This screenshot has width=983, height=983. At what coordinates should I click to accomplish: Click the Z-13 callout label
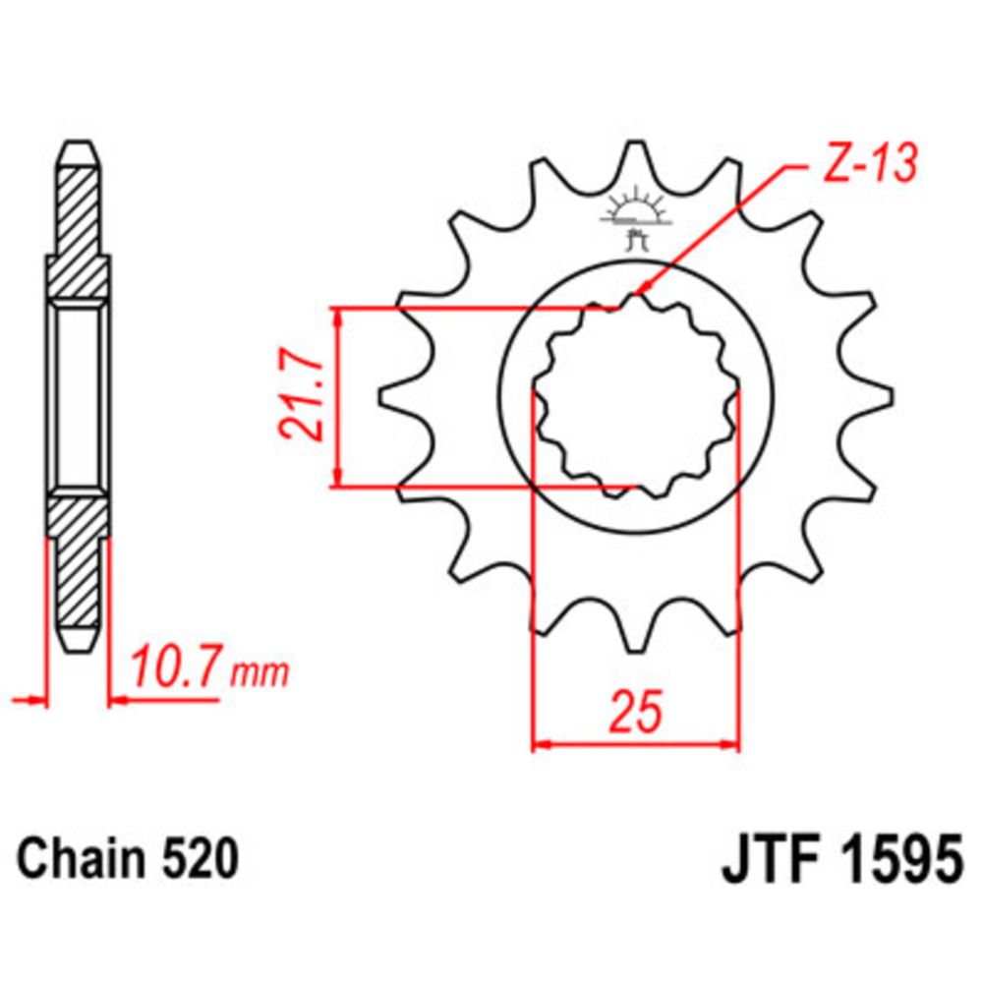[x=871, y=162]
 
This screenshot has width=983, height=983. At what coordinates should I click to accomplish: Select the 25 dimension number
[x=636, y=712]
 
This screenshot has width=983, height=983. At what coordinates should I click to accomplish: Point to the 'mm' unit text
[x=260, y=672]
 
